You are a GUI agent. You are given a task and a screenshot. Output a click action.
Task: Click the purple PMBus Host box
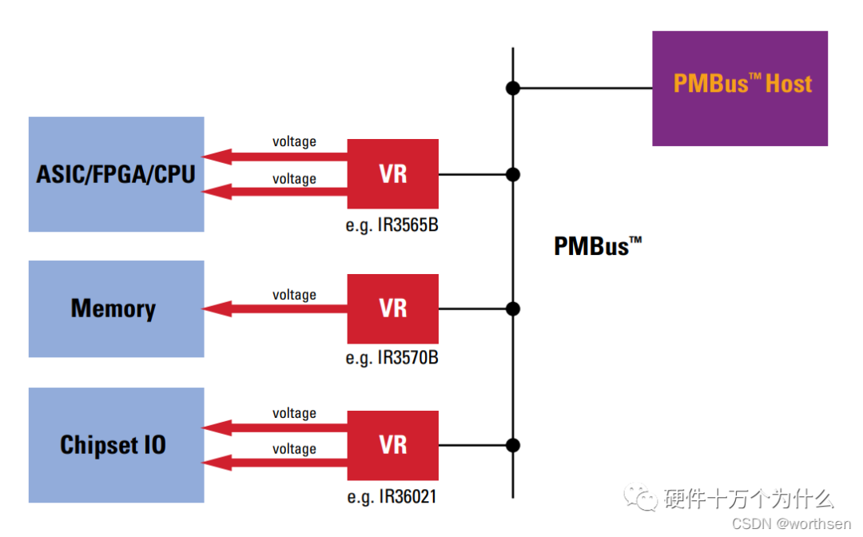(739, 89)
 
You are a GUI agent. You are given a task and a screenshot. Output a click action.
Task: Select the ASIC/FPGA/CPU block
(116, 174)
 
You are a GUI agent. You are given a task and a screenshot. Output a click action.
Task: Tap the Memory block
(116, 308)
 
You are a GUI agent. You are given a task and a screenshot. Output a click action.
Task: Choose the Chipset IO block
(116, 445)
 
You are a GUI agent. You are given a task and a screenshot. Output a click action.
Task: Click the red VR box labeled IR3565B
(392, 174)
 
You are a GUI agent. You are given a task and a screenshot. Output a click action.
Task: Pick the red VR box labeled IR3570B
(392, 308)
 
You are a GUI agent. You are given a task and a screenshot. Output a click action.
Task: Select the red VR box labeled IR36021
(392, 445)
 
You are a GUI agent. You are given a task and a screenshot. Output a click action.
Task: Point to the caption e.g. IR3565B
(392, 225)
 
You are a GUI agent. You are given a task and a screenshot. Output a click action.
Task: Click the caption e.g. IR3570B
(392, 358)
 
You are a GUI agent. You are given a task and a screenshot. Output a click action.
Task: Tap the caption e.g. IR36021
(392, 497)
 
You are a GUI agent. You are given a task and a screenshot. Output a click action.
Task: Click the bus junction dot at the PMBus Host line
(513, 88)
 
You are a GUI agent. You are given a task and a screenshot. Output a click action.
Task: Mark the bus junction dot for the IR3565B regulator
(513, 174)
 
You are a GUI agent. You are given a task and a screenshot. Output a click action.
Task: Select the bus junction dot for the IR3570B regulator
(513, 308)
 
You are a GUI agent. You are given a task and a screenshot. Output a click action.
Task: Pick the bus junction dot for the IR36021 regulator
(513, 445)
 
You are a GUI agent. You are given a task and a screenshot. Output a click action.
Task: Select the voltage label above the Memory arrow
(294, 295)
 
